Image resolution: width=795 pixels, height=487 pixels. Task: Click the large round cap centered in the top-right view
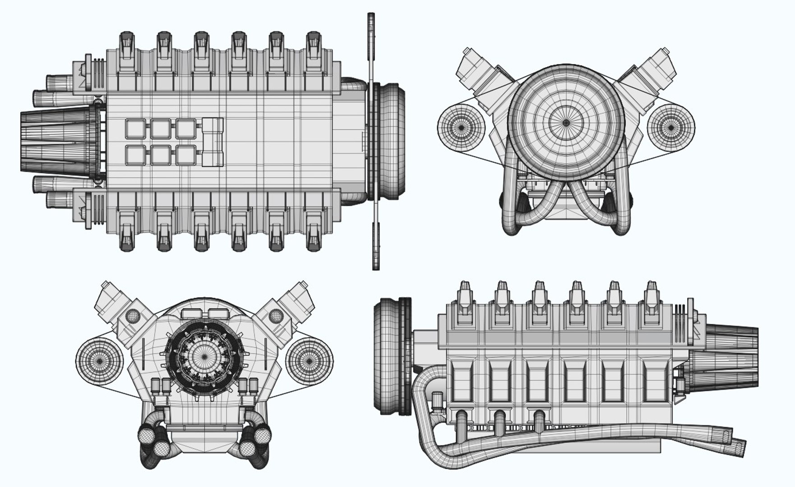[566, 122]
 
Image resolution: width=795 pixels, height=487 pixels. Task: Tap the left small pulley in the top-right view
[461, 128]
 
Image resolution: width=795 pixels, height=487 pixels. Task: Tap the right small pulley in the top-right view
[671, 128]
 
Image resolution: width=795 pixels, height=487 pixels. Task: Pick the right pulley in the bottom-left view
[310, 361]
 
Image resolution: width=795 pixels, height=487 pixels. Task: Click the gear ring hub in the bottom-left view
[204, 356]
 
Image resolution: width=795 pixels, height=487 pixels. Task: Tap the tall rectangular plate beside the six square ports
[213, 142]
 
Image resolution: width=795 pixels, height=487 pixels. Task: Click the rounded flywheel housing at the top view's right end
[390, 142]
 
